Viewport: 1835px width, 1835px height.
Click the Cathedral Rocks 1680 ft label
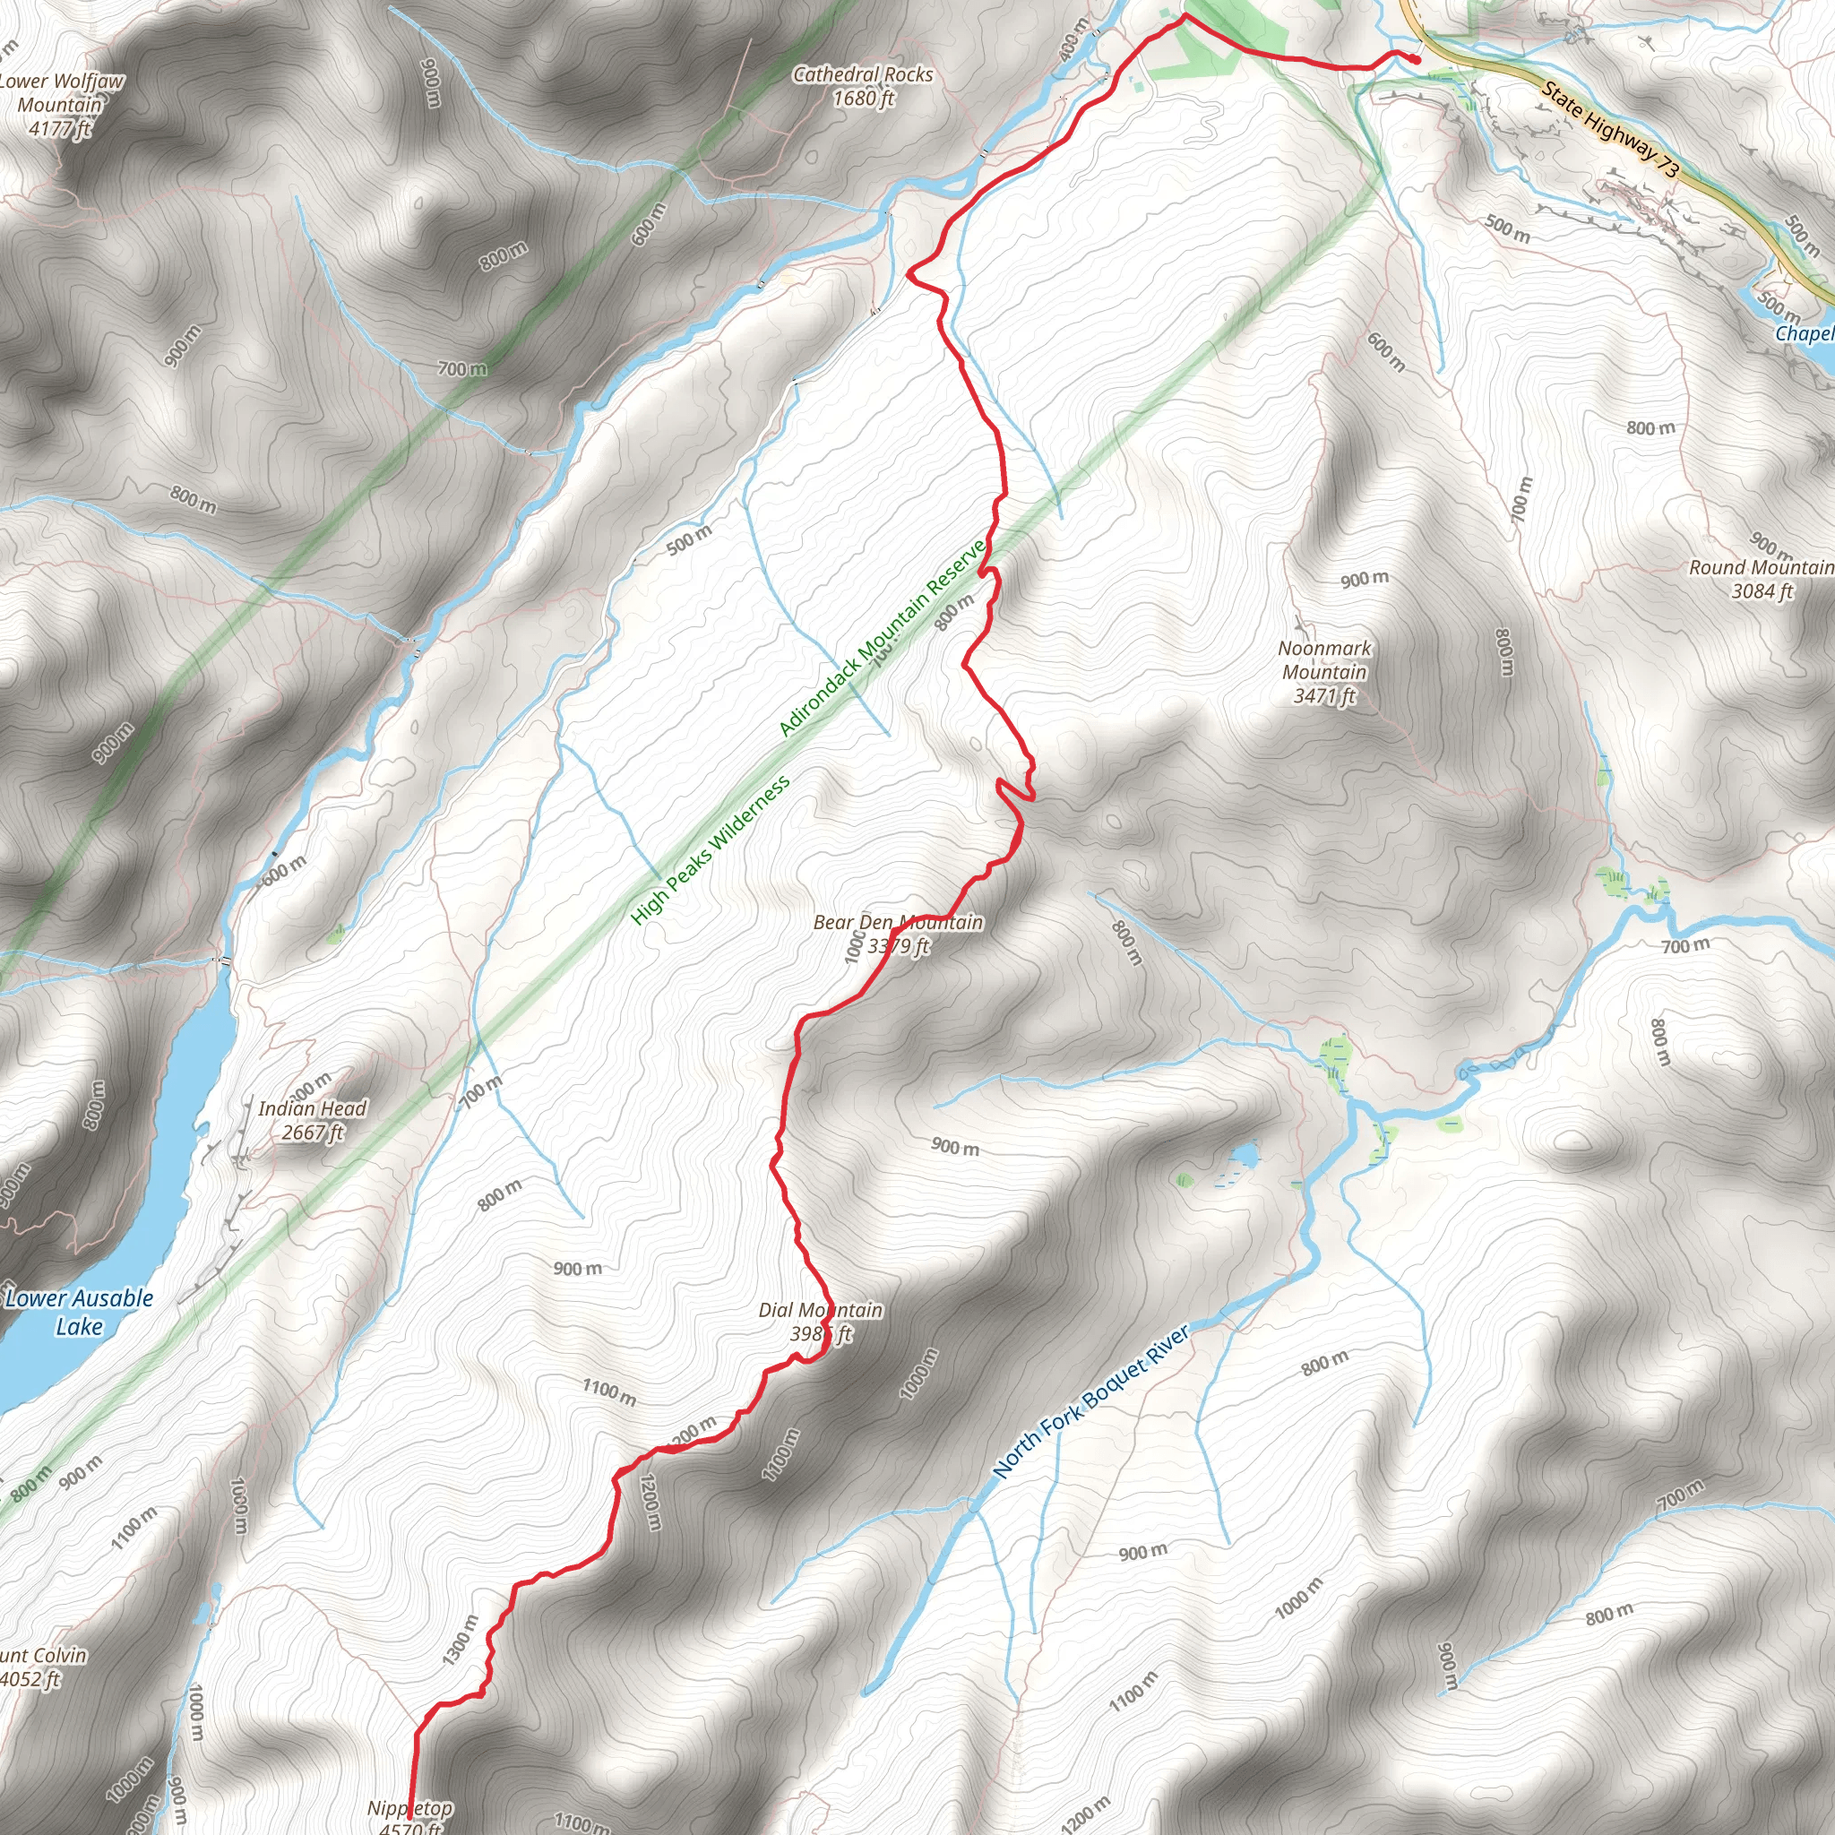(x=863, y=85)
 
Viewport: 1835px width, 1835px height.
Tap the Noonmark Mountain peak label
(x=1324, y=660)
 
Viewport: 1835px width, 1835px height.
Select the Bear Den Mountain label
(x=898, y=922)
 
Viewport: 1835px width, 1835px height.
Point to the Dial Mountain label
(x=820, y=1311)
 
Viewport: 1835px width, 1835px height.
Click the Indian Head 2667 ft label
(x=312, y=1121)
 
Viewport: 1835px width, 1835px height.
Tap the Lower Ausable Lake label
(x=79, y=1312)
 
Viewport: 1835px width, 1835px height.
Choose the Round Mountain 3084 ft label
(x=1760, y=579)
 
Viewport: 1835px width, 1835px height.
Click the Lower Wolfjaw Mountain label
(x=62, y=93)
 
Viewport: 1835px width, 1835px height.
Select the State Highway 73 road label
(x=1610, y=129)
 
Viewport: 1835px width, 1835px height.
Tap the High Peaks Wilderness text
(x=710, y=850)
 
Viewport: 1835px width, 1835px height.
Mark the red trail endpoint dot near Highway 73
(x=1415, y=59)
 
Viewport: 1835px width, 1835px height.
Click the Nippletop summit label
(x=410, y=1807)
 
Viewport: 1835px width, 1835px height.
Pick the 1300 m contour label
(x=460, y=1641)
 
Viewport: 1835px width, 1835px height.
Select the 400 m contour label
(x=1073, y=40)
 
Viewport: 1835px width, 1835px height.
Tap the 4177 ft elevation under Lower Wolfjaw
(x=59, y=128)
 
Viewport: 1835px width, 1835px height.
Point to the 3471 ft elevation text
(x=1324, y=696)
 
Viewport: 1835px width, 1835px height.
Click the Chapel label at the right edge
(x=1804, y=333)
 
